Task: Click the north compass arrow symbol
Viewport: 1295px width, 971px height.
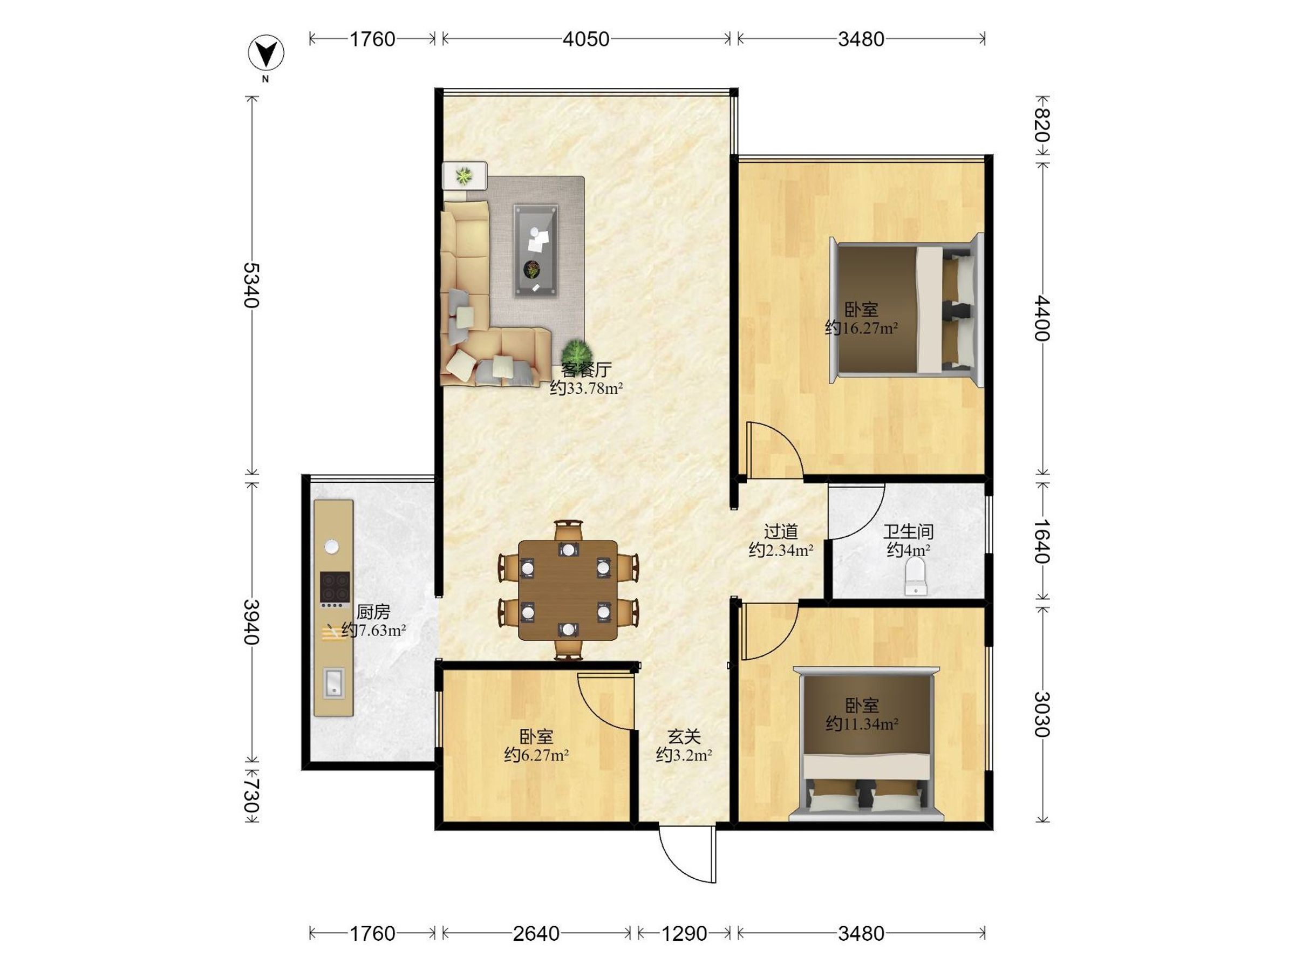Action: click(267, 54)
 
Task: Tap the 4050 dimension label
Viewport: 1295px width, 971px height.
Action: click(586, 39)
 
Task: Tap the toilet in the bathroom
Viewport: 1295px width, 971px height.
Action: click(915, 576)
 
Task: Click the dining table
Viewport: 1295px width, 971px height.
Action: click(568, 590)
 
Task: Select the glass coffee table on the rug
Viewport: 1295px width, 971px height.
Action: click(536, 250)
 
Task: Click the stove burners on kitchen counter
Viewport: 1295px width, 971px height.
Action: click(335, 587)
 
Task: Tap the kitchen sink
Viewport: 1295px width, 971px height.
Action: click(333, 683)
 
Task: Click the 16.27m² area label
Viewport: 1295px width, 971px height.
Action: click(862, 328)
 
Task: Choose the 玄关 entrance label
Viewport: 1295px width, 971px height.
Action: click(684, 736)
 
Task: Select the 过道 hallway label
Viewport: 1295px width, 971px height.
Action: click(781, 531)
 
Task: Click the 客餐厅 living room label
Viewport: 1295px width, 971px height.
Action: click(586, 370)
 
